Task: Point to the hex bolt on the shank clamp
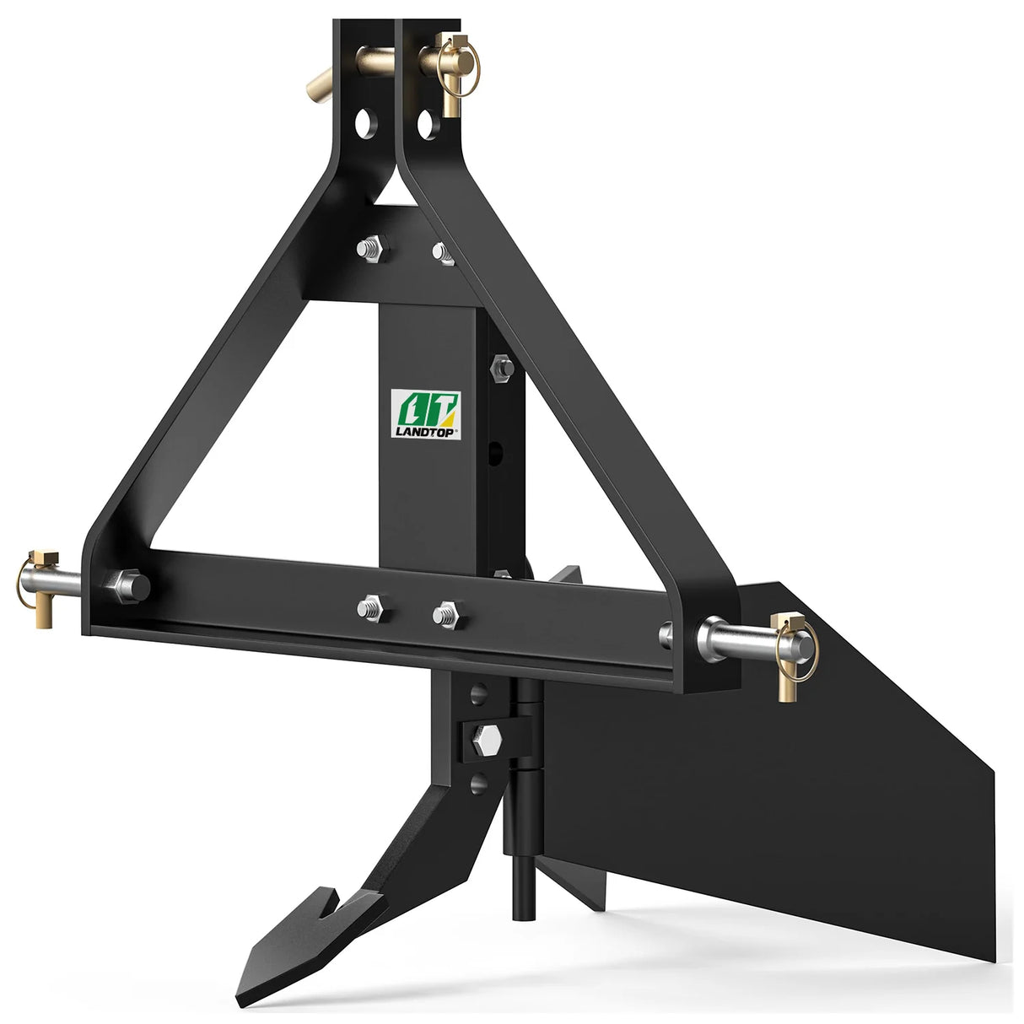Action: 488,733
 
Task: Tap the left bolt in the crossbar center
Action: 371,607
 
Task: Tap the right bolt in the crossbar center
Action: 444,614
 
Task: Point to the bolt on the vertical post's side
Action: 499,367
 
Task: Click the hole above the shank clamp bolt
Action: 478,693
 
